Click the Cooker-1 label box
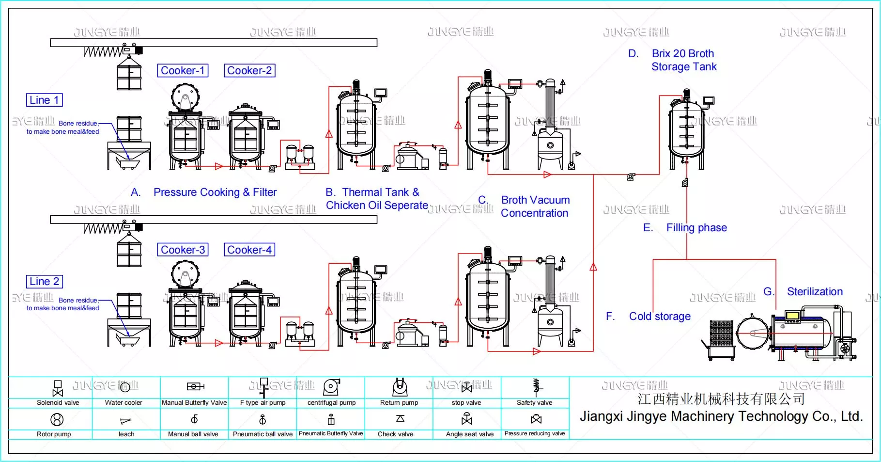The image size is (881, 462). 183,71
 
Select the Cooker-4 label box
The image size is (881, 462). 249,250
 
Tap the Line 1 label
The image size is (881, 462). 44,100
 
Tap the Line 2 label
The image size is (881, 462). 44,282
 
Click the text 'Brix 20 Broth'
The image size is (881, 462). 682,54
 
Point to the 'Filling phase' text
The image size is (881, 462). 696,228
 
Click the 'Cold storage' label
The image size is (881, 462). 659,317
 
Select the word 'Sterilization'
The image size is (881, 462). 814,292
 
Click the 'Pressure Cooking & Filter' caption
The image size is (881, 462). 215,192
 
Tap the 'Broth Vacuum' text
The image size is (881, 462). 535,200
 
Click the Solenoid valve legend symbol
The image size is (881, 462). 58,388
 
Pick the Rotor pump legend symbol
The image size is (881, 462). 57,419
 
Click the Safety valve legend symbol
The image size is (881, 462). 536,386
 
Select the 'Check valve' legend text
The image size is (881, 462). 395,434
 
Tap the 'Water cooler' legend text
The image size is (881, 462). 124,403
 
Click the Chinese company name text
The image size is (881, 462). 721,399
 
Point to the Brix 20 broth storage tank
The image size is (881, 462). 686,131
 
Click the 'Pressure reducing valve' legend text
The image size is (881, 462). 535,434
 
